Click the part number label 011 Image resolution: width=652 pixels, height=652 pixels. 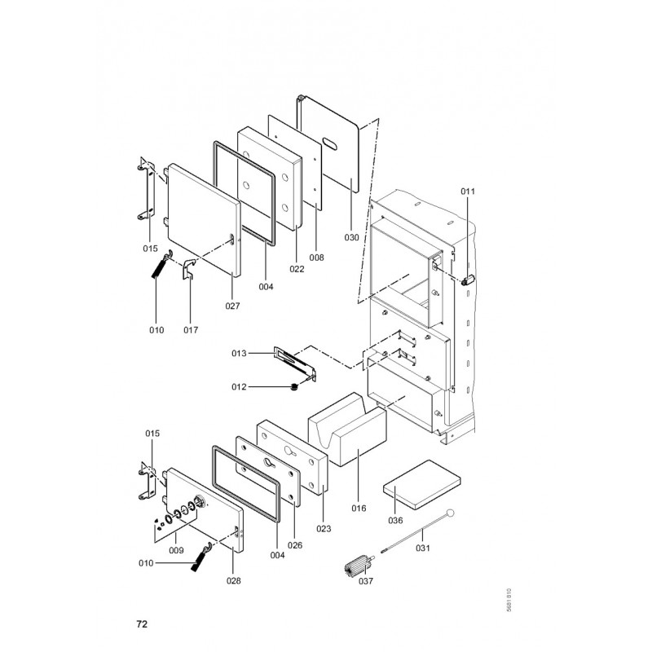point(468,192)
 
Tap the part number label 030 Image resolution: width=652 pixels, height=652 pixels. point(351,237)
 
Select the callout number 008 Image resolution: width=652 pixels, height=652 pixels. point(316,258)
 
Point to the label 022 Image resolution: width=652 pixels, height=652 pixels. point(297,269)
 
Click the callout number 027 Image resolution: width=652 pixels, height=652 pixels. point(233,306)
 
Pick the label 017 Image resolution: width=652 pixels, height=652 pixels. point(191,330)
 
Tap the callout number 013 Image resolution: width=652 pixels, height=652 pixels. point(239,354)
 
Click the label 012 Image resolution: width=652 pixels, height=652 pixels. point(239,387)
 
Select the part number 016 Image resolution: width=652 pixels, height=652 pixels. point(359,508)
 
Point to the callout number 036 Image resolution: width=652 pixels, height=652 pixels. point(395,521)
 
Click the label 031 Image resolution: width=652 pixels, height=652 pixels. point(423,548)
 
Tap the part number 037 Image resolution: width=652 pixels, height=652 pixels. point(366,581)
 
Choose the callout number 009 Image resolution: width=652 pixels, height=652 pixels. point(176,551)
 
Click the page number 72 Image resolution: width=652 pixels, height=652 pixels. point(142,624)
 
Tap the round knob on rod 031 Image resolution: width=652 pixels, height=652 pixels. point(450,513)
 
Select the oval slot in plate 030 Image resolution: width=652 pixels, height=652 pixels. point(331,143)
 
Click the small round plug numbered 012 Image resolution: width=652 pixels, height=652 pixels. point(295,388)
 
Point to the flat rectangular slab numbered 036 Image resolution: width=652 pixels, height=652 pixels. point(421,484)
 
